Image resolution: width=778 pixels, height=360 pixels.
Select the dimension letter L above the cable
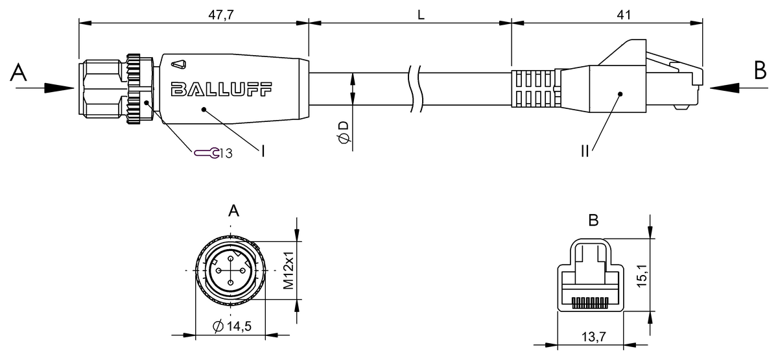click(421, 14)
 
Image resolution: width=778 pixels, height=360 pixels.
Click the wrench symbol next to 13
click(206, 153)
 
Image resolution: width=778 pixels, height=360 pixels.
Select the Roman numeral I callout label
click(263, 152)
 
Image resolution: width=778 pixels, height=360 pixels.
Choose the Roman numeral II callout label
click(585, 152)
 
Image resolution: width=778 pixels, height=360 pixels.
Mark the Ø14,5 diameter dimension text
click(231, 325)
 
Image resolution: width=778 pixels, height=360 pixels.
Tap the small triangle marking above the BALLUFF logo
click(180, 64)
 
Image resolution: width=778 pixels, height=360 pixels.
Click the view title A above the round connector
click(234, 210)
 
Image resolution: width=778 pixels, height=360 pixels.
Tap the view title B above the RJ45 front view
click(593, 221)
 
